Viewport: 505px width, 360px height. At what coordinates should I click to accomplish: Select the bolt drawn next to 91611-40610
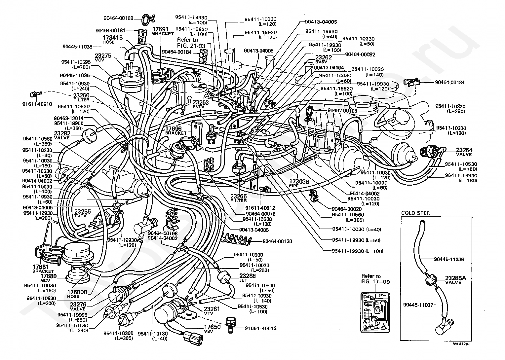click(x=34, y=94)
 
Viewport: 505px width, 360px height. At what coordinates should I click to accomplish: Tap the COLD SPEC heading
click(x=416, y=213)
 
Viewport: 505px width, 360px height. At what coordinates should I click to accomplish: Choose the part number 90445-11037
click(x=418, y=305)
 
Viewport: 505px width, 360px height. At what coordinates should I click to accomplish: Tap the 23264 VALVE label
click(x=464, y=152)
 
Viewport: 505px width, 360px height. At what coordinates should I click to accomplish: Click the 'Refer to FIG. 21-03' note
click(x=187, y=43)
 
